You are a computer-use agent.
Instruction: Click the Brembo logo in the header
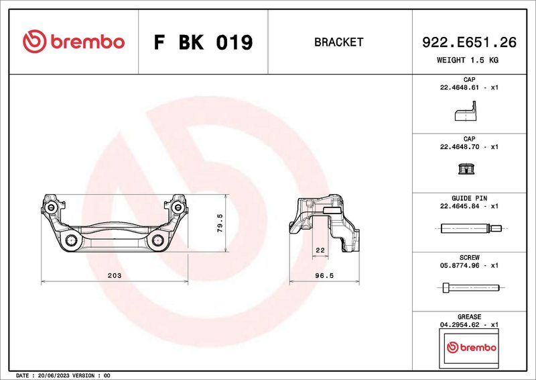click(74, 42)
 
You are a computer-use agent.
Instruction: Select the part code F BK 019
click(203, 42)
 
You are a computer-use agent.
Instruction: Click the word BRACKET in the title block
click(338, 42)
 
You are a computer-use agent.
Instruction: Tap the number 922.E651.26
click(468, 42)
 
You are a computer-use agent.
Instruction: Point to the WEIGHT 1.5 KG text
click(468, 60)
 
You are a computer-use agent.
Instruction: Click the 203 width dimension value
click(114, 275)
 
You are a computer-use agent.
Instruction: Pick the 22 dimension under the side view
click(320, 250)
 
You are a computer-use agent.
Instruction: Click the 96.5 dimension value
click(324, 275)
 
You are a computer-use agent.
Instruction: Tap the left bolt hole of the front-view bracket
click(72, 240)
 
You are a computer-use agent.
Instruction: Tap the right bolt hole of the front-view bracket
click(158, 240)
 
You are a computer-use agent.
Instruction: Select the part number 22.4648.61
click(460, 88)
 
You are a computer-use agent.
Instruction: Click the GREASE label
click(469, 316)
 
